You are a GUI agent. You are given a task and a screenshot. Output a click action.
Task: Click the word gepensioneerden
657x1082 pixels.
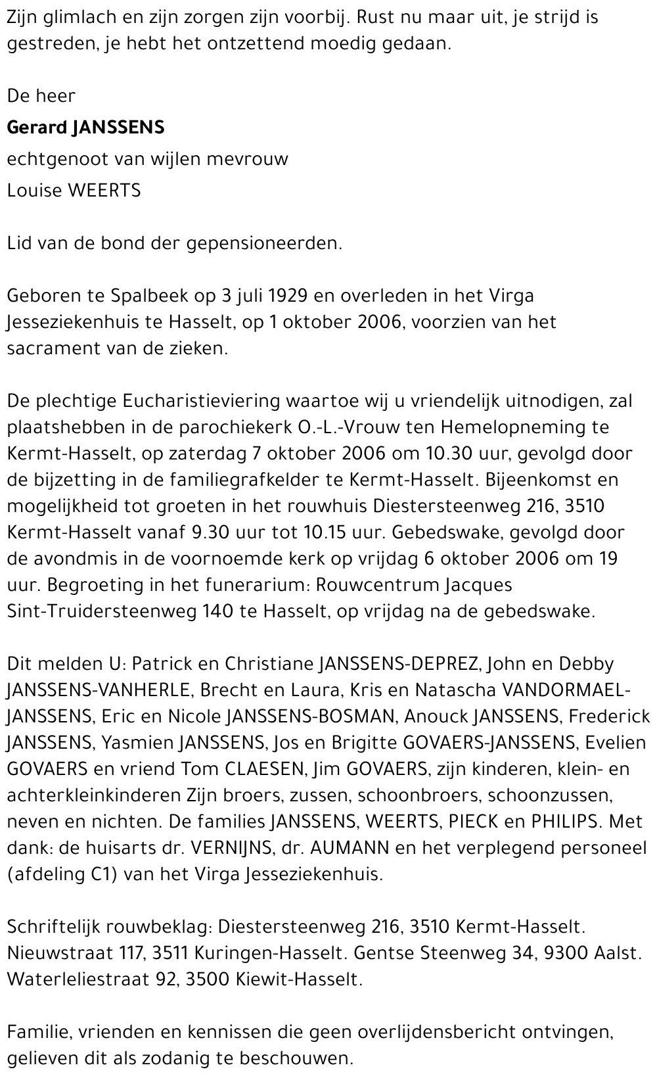point(265,243)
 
